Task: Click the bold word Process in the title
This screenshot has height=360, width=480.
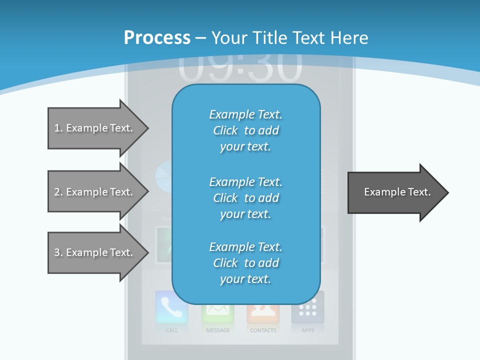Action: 157,38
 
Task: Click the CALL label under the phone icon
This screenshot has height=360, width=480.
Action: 171,330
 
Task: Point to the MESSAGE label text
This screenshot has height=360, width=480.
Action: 218,330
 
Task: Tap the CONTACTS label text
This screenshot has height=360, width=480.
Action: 263,330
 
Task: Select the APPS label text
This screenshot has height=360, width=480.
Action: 308,330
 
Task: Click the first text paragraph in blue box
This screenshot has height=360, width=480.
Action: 245,130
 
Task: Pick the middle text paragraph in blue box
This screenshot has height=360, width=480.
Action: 245,198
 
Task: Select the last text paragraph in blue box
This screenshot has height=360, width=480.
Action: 245,263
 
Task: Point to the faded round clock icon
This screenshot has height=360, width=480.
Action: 164,176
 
